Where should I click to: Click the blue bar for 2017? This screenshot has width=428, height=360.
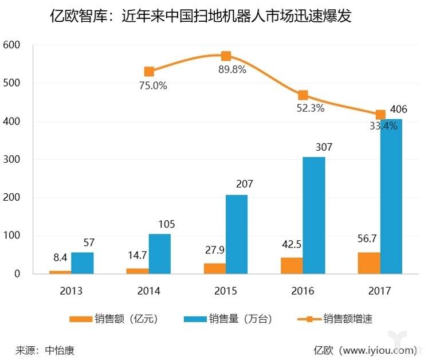391,196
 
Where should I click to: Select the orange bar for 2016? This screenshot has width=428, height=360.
292,265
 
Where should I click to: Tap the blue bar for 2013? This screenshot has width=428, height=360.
83,263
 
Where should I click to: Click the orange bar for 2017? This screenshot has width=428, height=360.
368,263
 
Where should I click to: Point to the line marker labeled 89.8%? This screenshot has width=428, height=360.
226,56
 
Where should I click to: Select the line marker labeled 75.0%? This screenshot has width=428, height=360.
149,72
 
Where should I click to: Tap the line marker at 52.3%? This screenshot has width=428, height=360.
303,95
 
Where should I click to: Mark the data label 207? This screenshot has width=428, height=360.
244,185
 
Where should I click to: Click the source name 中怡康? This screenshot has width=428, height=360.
59,349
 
